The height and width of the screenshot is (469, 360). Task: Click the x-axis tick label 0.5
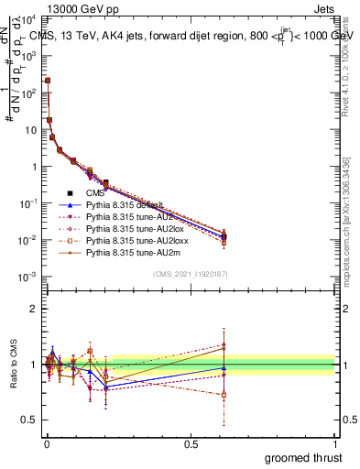coord(191,443)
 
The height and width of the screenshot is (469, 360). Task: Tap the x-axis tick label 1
coord(335,443)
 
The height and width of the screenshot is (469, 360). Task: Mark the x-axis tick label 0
coord(46,443)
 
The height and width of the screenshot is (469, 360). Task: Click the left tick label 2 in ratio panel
coord(32,309)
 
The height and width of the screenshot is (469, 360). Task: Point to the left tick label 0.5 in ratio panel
coord(28,420)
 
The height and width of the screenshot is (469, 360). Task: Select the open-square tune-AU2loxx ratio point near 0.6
coord(224,395)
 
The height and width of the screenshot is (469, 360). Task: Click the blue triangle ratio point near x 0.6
coord(224,368)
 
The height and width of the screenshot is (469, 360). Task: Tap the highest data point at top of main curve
coord(48,81)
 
